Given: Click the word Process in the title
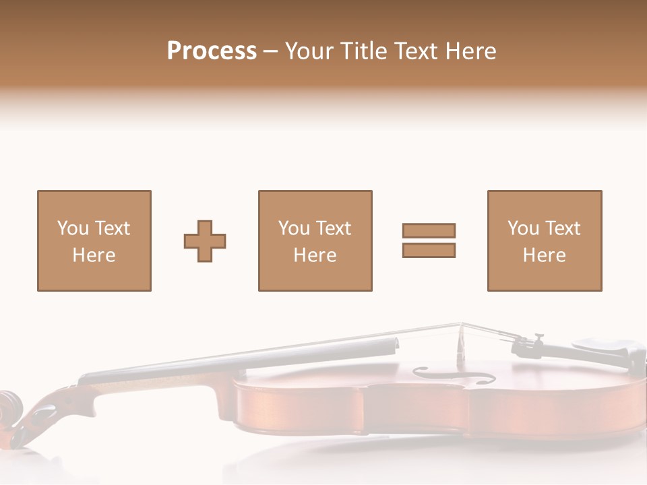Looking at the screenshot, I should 212,51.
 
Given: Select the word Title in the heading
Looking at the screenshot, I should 364,51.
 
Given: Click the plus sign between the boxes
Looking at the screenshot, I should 205,240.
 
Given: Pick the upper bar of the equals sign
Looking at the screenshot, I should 429,230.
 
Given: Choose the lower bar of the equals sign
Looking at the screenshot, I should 429,251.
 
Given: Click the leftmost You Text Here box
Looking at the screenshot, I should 94,240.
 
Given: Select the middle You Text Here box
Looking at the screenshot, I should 315,240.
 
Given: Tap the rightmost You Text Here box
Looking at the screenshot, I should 544,240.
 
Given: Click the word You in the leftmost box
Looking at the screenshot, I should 73,228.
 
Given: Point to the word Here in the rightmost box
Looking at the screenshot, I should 544,255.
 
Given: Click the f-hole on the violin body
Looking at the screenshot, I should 453,375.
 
